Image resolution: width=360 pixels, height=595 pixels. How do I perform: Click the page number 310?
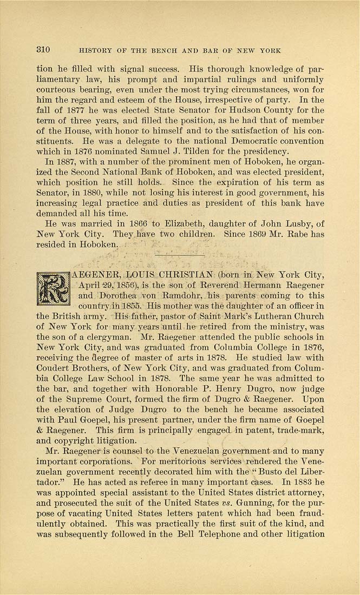tap(43, 50)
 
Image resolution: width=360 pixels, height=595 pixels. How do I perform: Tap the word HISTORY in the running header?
tap(97, 51)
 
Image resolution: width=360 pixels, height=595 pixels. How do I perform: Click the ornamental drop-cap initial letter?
tap(53, 289)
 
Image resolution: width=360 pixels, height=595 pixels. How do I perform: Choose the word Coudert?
tap(55, 367)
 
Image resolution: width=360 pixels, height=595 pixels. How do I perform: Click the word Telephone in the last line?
tap(256, 534)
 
